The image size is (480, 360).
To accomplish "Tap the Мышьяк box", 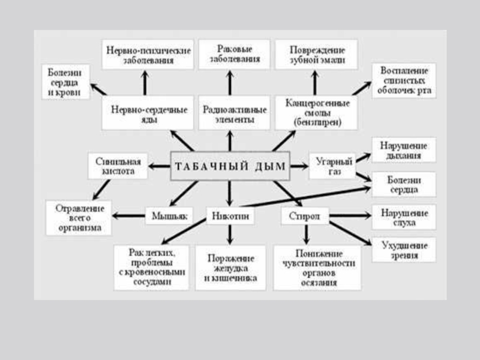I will [x=162, y=215].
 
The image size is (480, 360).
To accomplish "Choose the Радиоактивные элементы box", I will [x=229, y=113].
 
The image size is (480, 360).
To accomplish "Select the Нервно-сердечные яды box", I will [x=149, y=113].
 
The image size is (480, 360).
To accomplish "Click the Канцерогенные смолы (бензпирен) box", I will [x=316, y=112].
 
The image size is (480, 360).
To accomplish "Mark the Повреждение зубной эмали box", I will [x=316, y=55].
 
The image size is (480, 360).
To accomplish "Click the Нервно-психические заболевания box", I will [x=147, y=55].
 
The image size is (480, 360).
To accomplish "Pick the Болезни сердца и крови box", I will [x=66, y=82].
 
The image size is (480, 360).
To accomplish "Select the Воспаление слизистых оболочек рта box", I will [x=403, y=81].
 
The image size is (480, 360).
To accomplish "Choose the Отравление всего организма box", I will [x=79, y=218].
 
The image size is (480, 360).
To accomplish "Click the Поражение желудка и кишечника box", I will [x=230, y=268].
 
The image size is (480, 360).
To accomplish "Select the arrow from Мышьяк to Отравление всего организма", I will [x=128, y=215].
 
